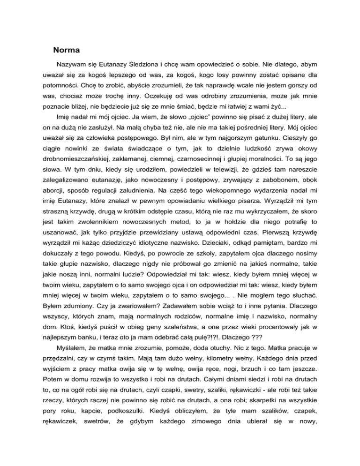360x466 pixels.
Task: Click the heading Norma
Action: coord(68,49)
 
